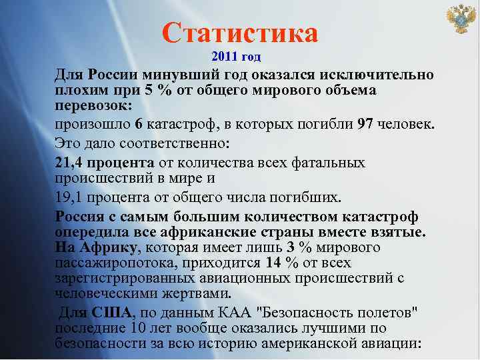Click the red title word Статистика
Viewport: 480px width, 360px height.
240,32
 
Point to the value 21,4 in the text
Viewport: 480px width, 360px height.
69,162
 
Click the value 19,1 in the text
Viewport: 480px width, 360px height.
69,197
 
